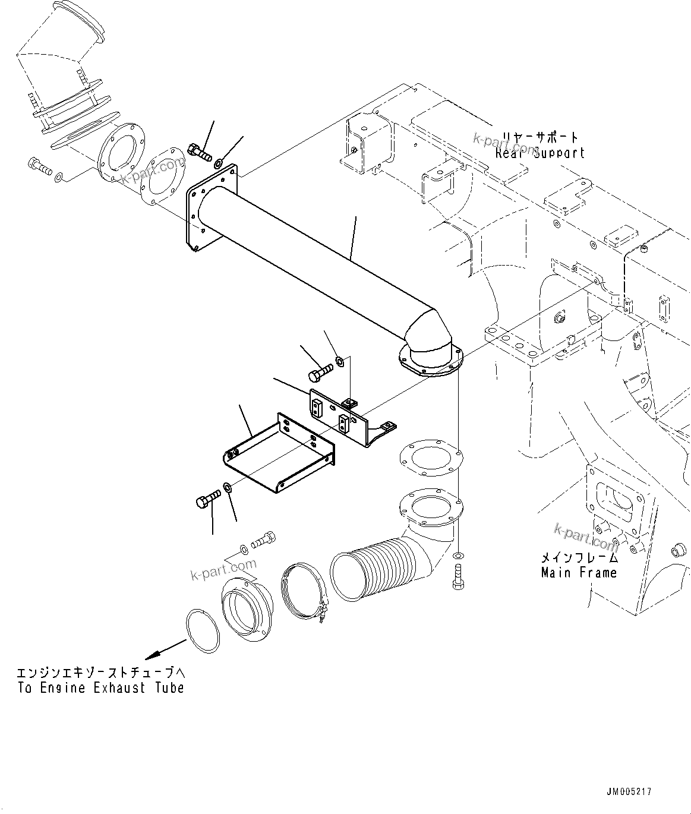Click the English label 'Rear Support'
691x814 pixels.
(x=540, y=153)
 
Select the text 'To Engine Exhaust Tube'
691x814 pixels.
(x=100, y=687)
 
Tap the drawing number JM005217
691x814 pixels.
(x=629, y=791)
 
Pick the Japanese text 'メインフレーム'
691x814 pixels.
(x=579, y=558)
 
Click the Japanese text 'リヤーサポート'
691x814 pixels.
(x=540, y=137)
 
